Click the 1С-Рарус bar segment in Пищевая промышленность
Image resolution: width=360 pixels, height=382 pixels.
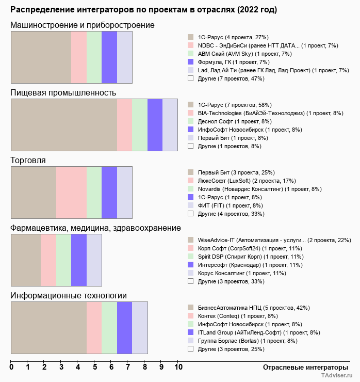64,124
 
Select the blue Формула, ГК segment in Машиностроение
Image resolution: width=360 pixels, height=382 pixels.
109,57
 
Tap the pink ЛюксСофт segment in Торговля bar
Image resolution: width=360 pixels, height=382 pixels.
71,193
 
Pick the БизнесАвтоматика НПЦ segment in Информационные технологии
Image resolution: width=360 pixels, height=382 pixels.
48,328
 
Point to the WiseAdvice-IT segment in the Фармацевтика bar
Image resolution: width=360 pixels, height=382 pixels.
26,260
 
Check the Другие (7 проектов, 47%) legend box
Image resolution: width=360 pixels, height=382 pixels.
190,78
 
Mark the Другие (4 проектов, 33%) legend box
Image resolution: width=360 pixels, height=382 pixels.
190,214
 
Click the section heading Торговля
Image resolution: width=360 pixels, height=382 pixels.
28,160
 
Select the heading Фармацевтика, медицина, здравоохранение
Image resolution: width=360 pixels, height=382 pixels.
95,228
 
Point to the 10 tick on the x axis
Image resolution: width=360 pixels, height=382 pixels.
178,368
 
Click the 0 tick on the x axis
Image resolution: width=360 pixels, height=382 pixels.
11,368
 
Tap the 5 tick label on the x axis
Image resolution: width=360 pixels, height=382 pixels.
95,368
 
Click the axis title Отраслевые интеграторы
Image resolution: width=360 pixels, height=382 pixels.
302,367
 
